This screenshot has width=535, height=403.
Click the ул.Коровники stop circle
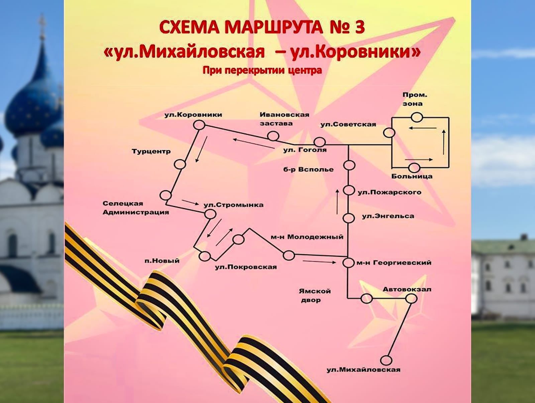click(x=199, y=125)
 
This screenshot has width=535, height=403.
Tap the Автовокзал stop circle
click(x=411, y=298)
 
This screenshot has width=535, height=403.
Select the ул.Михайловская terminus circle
click(x=386, y=360)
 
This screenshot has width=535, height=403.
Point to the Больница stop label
click(x=412, y=176)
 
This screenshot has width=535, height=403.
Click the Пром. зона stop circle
click(x=417, y=117)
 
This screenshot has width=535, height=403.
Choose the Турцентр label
click(x=151, y=152)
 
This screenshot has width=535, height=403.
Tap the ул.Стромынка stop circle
click(x=210, y=214)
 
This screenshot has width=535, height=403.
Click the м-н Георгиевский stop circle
click(x=348, y=263)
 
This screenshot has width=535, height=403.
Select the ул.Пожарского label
click(x=390, y=192)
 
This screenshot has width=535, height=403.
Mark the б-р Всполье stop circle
click(x=349, y=165)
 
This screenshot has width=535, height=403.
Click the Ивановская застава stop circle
click(x=273, y=136)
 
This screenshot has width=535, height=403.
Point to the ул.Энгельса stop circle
click(x=348, y=218)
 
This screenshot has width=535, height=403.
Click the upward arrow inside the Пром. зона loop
click(x=444, y=142)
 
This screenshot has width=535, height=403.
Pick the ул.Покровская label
click(x=246, y=267)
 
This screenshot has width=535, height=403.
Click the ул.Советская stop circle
click(x=389, y=133)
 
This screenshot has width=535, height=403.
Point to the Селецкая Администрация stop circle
click(x=166, y=195)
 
